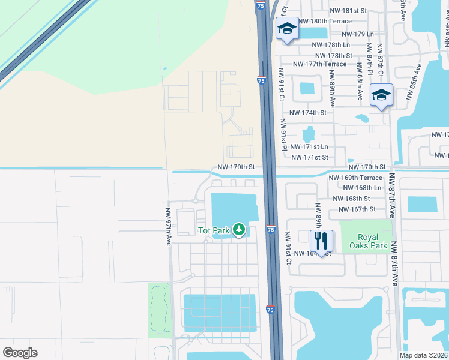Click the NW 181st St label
348,11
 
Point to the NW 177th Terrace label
319,64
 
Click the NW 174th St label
307,113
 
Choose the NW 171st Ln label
309,147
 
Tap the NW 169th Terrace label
355,178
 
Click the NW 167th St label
357,209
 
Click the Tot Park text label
214,230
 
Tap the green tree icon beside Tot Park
239,229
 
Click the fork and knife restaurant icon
321,241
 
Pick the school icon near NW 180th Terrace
287,28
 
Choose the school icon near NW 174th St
381,95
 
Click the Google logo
20,353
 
